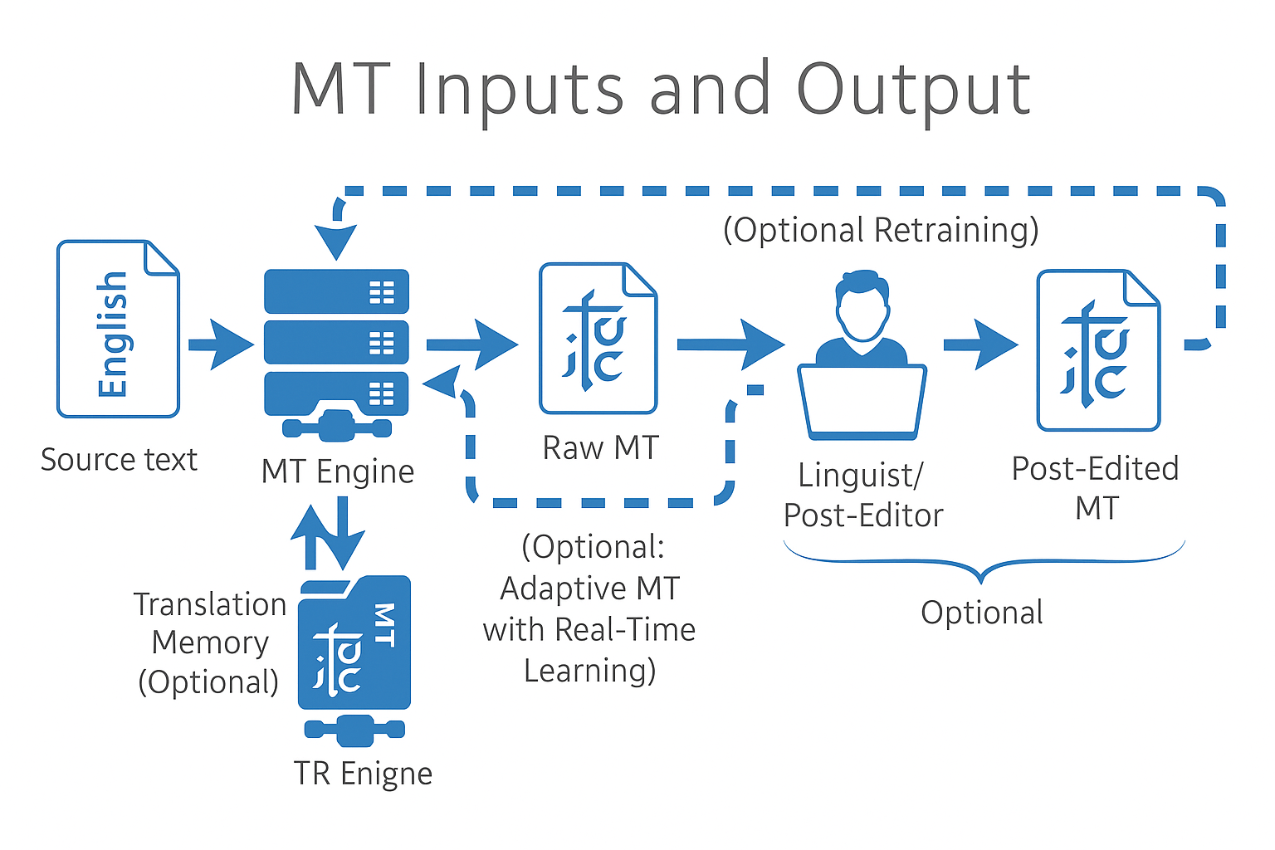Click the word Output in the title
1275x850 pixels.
click(x=913, y=89)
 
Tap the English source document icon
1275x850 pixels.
click(x=118, y=329)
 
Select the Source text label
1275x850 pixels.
click(x=119, y=459)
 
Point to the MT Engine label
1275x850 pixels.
click(x=337, y=471)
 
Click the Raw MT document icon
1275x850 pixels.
click(x=598, y=338)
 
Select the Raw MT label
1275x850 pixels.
click(x=600, y=447)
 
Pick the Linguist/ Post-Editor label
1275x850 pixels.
click(x=862, y=496)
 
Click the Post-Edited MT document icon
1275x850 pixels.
click(x=1097, y=350)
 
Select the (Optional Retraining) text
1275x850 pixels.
click(x=881, y=230)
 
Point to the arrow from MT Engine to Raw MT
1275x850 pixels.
click(x=471, y=344)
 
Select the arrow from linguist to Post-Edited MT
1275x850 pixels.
click(x=980, y=344)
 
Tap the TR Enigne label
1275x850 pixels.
click(x=363, y=774)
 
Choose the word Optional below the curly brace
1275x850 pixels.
click(x=982, y=613)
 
